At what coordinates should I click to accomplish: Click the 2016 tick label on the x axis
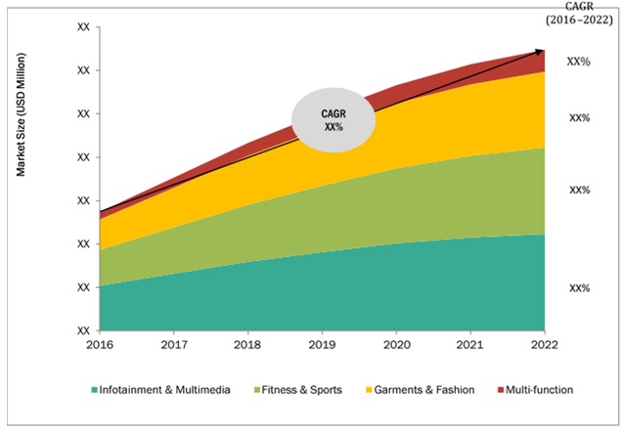pos(100,345)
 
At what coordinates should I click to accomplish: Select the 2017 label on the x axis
pos(174,345)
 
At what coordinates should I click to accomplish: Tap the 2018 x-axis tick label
pos(248,345)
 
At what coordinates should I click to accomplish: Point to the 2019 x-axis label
pos(323,345)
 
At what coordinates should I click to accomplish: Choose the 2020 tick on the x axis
pos(397,345)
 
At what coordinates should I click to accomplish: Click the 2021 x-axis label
pos(471,345)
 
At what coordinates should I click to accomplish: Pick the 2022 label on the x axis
pos(545,345)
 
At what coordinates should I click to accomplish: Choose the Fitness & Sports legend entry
pos(299,390)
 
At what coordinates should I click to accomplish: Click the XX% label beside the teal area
pos(579,288)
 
